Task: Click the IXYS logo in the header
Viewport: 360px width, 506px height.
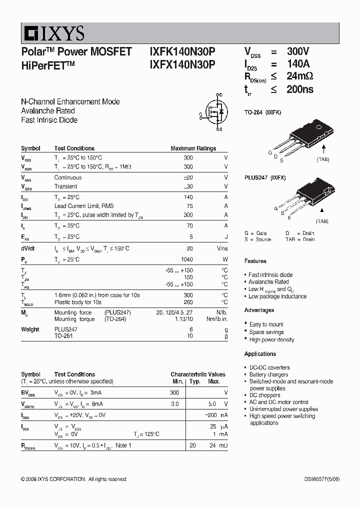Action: tap(53, 34)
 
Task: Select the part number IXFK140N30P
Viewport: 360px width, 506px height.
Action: tap(182, 51)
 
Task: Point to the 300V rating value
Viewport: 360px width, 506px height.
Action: tap(298, 51)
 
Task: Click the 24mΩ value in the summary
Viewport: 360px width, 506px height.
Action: tap(300, 76)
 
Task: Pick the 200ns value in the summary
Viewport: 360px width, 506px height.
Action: tap(300, 89)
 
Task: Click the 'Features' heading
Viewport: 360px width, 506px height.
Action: tap(255, 261)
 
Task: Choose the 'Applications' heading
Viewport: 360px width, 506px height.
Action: tap(260, 354)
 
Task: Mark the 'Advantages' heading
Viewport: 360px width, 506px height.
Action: tap(259, 310)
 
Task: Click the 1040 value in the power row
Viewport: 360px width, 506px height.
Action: tap(186, 259)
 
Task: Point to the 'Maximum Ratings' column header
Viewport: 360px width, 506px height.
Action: tap(193, 148)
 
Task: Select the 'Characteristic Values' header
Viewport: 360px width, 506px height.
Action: tap(197, 374)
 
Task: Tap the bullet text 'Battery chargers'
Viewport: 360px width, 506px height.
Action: tap(268, 374)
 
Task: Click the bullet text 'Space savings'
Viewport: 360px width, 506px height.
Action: tap(266, 332)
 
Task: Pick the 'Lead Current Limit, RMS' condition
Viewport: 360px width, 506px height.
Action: tap(83, 206)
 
